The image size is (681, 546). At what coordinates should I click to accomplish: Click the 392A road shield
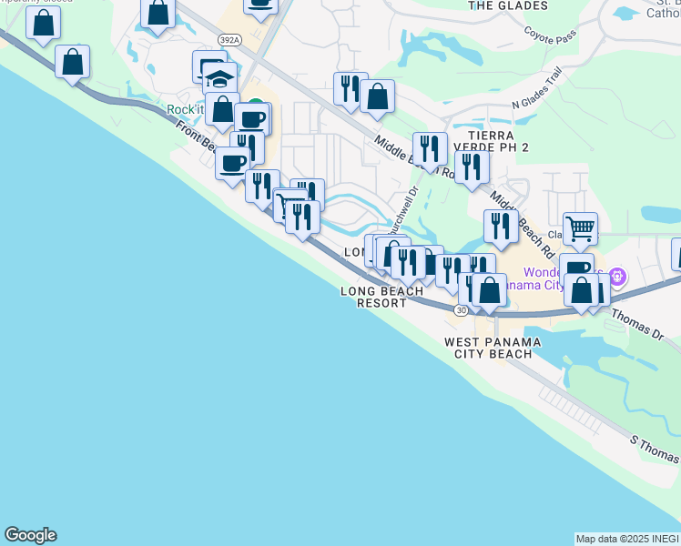229,40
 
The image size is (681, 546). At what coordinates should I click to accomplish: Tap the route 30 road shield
462,310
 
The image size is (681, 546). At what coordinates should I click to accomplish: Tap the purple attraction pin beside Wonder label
617,274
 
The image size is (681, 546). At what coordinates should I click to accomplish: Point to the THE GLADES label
497,5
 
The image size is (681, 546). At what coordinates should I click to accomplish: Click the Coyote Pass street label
549,35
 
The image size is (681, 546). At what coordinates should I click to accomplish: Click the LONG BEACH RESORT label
381,297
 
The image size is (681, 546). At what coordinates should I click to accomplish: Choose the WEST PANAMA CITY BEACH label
493,348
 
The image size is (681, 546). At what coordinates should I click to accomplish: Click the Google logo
30,535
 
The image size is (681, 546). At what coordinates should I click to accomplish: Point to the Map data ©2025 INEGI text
627,539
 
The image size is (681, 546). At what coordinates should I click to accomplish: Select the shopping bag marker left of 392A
158,14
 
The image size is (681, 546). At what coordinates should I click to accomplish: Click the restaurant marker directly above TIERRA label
430,147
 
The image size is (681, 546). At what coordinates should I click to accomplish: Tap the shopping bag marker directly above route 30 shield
489,289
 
